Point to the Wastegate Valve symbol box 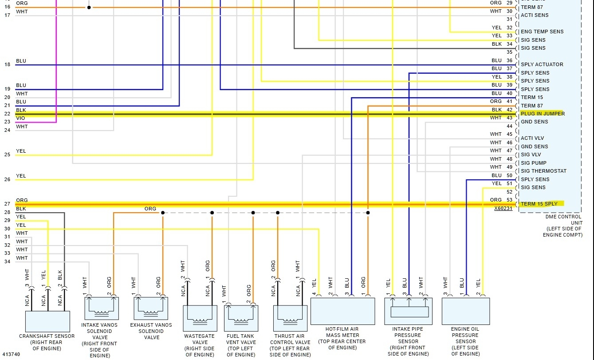pos(200,318)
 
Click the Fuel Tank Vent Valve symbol pos(241,318)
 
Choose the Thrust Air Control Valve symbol pos(290,318)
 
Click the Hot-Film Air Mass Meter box pos(342,311)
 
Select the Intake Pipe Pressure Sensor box pos(408,311)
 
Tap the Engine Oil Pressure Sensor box pos(465,311)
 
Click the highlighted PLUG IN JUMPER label pos(542,114)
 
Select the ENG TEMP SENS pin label pos(542,32)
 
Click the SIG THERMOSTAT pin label pos(543,171)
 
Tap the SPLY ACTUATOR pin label pos(542,64)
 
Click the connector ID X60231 pos(503,208)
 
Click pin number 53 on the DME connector pos(509,200)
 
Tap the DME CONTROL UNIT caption pos(564,219)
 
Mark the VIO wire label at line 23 pos(20,118)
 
